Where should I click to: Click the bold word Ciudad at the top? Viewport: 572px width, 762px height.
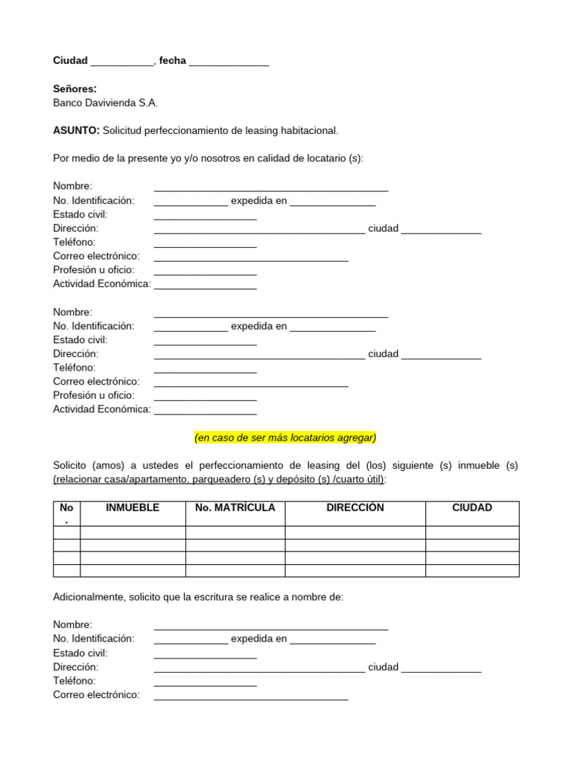(70, 60)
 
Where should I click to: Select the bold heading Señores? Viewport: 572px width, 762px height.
(74, 89)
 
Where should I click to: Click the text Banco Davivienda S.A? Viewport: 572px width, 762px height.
(105, 103)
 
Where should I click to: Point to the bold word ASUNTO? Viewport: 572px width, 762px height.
(76, 130)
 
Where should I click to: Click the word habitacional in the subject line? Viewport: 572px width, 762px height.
(308, 130)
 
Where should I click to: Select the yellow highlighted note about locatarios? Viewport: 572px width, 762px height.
(285, 438)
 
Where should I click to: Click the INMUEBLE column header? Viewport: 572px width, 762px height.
(133, 508)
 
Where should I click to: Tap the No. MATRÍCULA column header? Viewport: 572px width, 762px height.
(235, 508)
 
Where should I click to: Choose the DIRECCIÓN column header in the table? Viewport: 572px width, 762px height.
(355, 508)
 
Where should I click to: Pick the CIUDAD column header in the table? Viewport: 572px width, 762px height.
(472, 508)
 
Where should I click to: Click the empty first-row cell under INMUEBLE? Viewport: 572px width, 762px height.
(133, 532)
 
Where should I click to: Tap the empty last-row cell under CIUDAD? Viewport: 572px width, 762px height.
(472, 571)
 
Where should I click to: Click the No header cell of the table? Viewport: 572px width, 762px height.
(66, 513)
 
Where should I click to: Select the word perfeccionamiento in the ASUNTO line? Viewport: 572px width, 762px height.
(185, 130)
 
